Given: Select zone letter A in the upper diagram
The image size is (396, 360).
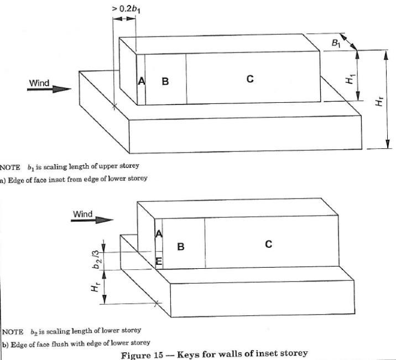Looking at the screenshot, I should (x=141, y=81).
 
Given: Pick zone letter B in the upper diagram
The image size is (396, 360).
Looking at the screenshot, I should (x=165, y=81).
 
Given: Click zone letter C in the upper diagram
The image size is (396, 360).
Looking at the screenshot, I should (x=250, y=79).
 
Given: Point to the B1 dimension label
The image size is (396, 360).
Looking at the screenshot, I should (x=336, y=41).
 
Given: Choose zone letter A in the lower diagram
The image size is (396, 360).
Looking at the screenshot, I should (x=158, y=234).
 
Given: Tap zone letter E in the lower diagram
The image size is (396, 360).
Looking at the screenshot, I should (x=159, y=261).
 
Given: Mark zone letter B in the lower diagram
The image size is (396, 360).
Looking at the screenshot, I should (x=180, y=247).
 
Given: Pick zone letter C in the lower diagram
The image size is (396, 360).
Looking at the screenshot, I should (x=268, y=243).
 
